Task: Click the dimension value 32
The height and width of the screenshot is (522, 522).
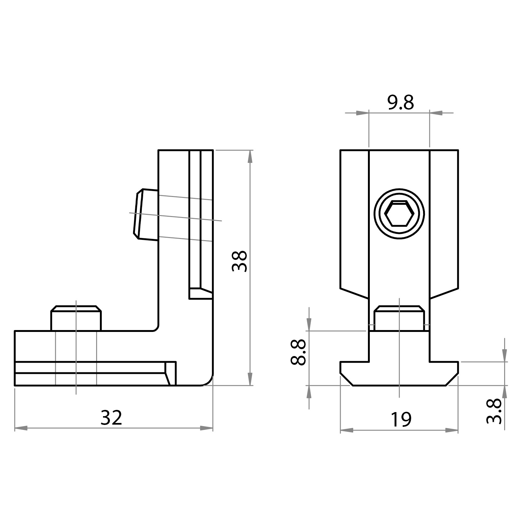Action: click(111, 418)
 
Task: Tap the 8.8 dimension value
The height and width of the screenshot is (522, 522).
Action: click(298, 352)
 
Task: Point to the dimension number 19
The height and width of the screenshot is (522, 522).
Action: click(401, 420)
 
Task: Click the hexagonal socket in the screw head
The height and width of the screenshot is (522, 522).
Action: click(399, 214)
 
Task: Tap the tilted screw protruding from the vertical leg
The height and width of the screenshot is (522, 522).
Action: click(146, 214)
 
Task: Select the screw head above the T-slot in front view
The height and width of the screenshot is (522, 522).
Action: click(399, 318)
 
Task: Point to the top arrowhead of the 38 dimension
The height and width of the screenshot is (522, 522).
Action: click(250, 156)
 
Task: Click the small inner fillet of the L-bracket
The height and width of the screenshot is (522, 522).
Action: click(156, 328)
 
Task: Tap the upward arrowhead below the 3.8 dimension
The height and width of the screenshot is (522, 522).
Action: click(504, 391)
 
